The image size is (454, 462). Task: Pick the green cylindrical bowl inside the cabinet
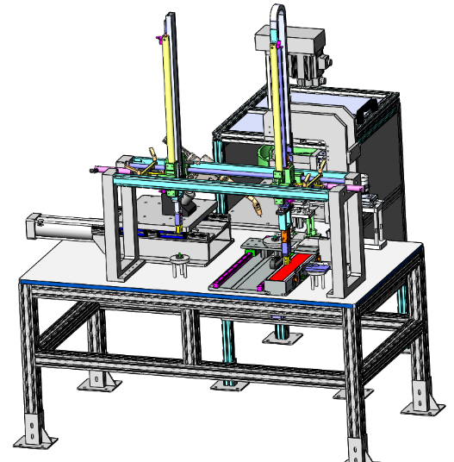tap(266, 155)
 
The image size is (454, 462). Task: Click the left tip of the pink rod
tap(91, 172)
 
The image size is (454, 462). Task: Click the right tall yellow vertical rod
tap(277, 103)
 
